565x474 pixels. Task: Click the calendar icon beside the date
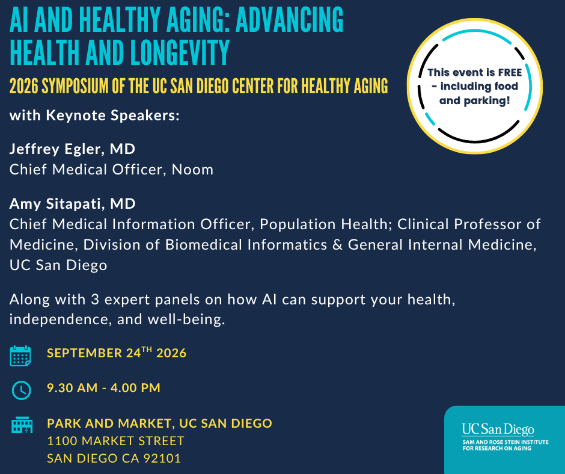click(20, 355)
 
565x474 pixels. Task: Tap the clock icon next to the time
click(22, 390)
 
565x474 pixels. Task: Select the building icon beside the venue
click(22, 425)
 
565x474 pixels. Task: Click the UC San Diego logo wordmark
click(498, 429)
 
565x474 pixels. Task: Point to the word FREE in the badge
click(510, 73)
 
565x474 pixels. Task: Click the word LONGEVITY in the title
click(180, 53)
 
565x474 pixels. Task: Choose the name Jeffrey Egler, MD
click(72, 149)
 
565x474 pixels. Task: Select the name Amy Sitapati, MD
click(72, 204)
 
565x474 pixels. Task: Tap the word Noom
click(192, 170)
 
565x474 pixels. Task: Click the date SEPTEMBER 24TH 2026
click(117, 352)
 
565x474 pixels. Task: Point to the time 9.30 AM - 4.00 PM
click(104, 388)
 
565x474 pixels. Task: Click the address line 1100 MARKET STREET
click(115, 441)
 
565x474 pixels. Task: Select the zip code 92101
click(162, 458)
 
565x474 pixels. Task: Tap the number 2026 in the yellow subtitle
click(23, 86)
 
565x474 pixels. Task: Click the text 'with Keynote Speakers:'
click(94, 115)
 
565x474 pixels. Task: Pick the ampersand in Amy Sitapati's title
click(337, 245)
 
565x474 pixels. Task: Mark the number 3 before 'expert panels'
click(95, 300)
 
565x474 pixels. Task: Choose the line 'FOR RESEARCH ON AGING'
click(497, 448)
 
